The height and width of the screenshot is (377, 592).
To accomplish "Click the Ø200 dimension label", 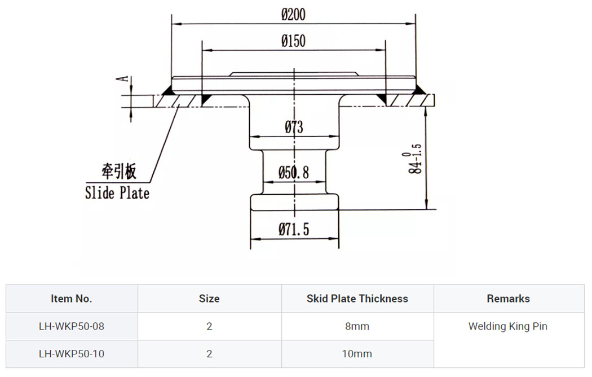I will tap(293, 14).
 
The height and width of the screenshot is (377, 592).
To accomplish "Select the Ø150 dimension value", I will tap(293, 41).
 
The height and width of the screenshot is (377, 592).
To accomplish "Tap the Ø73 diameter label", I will tap(293, 128).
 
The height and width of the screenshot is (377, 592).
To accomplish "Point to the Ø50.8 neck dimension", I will tap(294, 173).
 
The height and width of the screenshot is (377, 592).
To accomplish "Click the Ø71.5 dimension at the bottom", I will tap(294, 230).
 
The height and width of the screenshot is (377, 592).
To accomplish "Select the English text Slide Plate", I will tap(117, 193).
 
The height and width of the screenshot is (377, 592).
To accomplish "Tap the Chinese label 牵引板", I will tap(119, 172).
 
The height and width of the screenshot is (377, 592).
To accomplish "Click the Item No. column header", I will tap(72, 299).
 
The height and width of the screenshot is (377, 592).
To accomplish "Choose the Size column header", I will tap(209, 299).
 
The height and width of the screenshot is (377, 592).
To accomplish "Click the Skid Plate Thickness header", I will tap(357, 299).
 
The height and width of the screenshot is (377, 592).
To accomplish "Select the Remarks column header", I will tap(508, 299).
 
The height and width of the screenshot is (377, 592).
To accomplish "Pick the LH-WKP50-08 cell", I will tap(72, 326).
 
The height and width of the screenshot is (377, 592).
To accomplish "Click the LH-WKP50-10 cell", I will tap(72, 354).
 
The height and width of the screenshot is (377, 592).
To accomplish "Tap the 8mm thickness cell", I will tap(357, 326).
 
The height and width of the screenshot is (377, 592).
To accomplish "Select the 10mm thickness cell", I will tap(357, 354).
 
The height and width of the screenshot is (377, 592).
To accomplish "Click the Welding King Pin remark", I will tap(508, 326).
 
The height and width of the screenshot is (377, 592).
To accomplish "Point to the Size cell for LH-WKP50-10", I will tap(209, 354).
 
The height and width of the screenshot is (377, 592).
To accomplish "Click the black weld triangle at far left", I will tap(167, 90).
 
